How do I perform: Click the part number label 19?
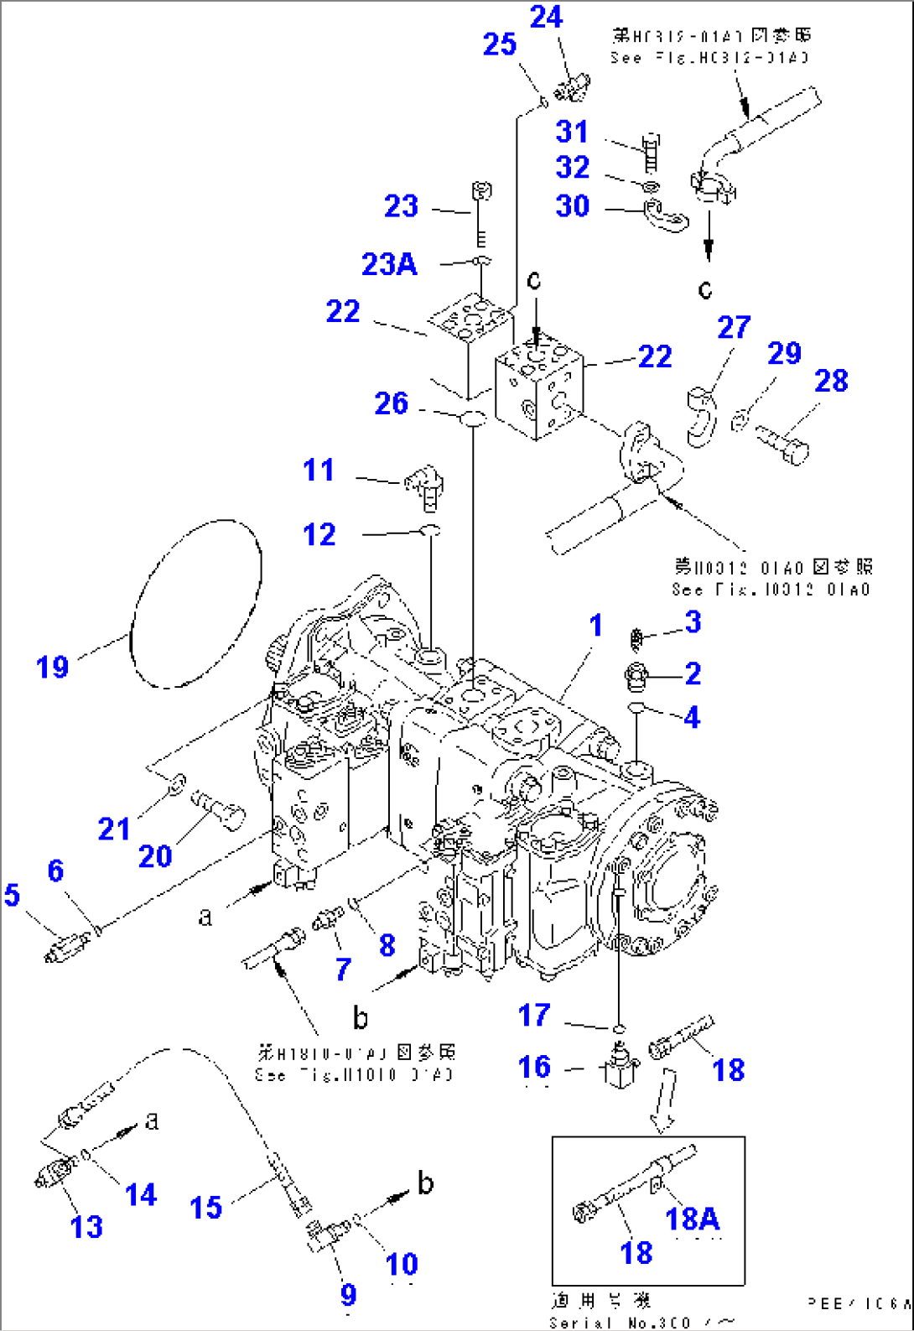coord(52,668)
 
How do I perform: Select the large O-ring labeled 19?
coord(196,604)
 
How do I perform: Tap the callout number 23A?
coord(389,264)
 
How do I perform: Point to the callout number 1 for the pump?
coord(595,625)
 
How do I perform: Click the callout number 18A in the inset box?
coord(692,1218)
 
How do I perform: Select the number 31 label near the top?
coord(572,132)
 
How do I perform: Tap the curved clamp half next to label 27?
coord(701,416)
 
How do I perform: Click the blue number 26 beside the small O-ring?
coord(391,403)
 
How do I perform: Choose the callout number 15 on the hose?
coord(205,1208)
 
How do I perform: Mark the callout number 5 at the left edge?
coord(12,895)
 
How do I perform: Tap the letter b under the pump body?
coord(360,1018)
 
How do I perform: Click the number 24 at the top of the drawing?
coord(546,17)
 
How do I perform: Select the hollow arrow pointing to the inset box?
coord(665,1100)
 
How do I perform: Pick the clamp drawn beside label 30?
coord(667,215)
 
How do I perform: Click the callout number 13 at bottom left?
coord(86,1226)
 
